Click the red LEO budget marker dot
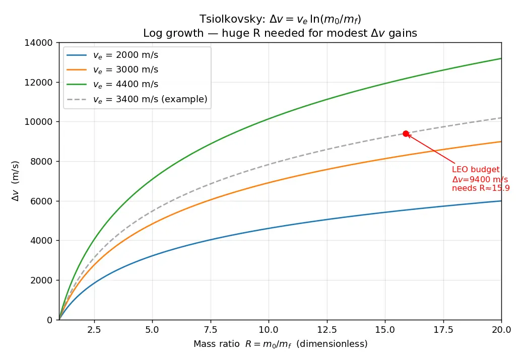(406, 133)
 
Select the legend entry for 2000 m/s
(112, 55)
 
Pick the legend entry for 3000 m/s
(112, 70)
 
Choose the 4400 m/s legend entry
(112, 85)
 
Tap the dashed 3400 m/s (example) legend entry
(137, 99)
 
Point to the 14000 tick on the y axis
(38, 43)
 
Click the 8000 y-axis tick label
(41, 162)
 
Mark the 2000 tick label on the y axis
(41, 280)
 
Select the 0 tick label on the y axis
(50, 320)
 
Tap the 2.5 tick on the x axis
(94, 330)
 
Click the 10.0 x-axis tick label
(269, 330)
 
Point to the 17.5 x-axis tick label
(443, 330)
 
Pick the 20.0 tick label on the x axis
(501, 330)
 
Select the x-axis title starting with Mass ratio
(280, 344)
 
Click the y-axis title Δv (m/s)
(16, 181)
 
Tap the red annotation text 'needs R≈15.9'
(481, 188)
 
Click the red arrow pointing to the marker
(431, 149)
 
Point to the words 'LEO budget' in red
(476, 170)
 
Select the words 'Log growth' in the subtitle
(173, 33)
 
